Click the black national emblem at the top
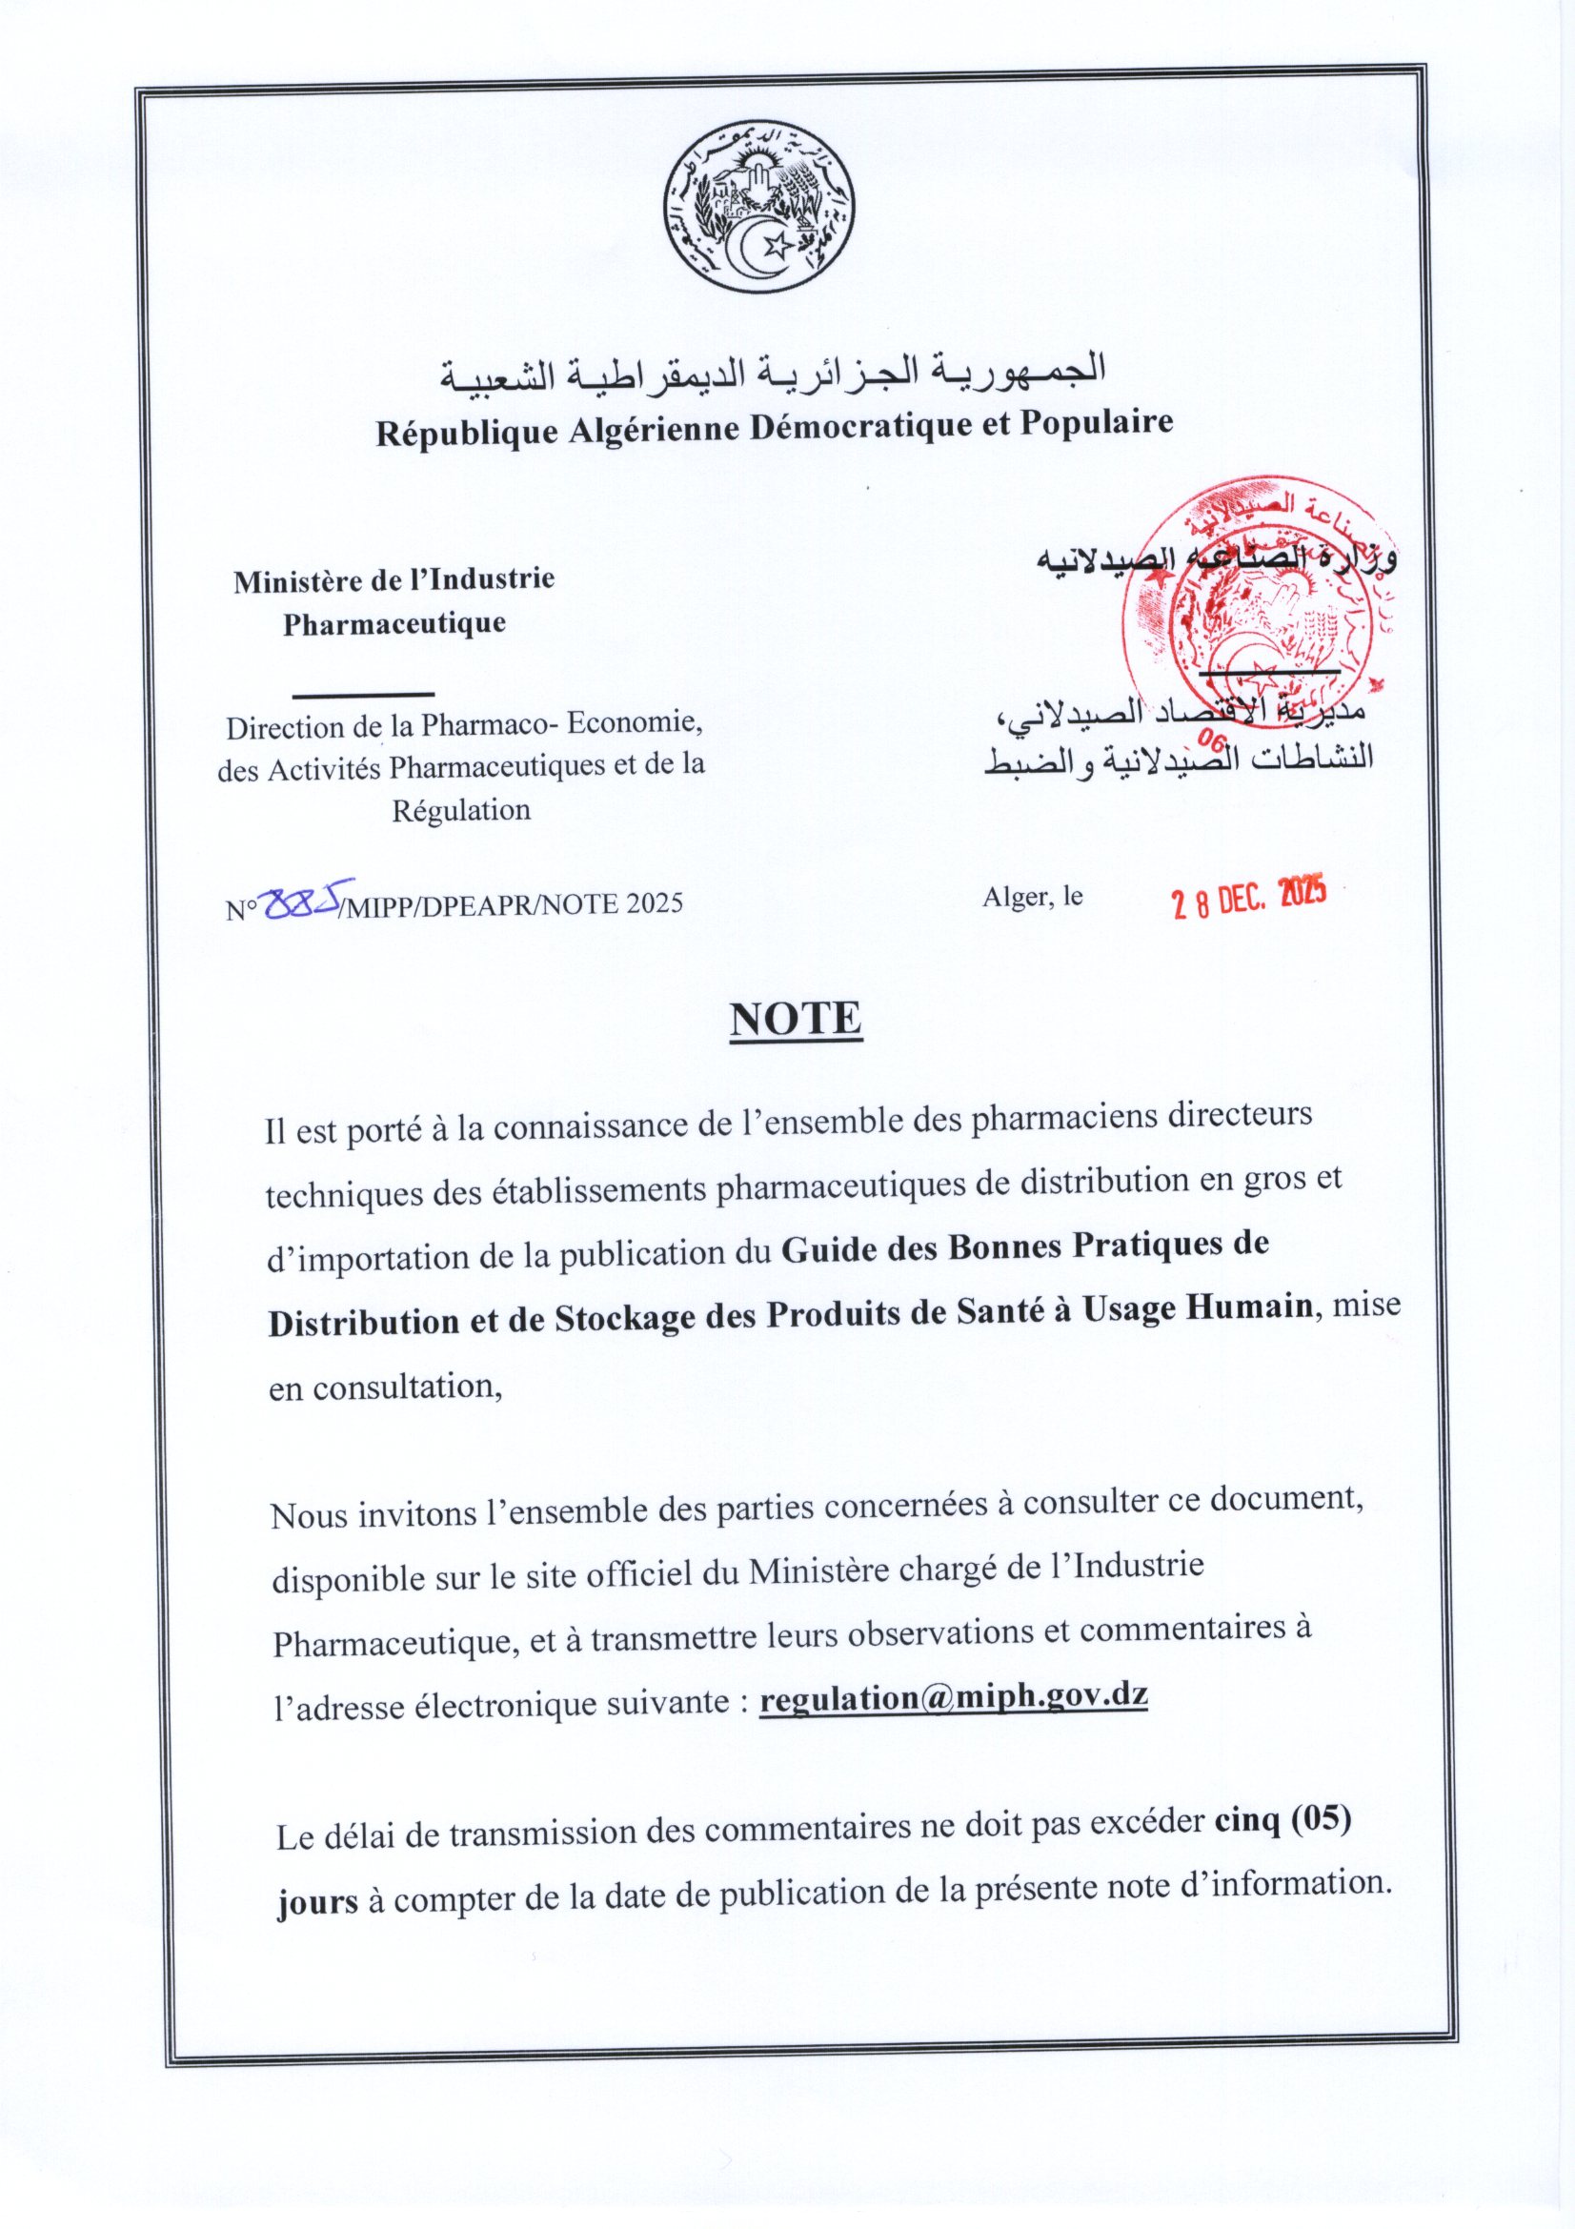[x=758, y=208]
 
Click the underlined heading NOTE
[x=796, y=1020]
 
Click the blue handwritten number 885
[x=301, y=902]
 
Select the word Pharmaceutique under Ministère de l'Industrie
[x=394, y=623]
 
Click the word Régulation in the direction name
[x=461, y=810]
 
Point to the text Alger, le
[x=1033, y=897]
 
